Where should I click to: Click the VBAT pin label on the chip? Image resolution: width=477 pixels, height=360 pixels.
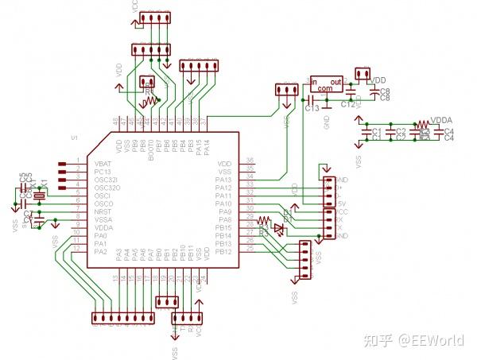click(x=103, y=163)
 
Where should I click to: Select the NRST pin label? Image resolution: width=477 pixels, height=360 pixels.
click(x=102, y=211)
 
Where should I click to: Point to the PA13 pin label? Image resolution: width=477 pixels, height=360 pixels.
click(x=223, y=179)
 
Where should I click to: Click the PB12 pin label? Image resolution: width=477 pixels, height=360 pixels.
click(x=223, y=252)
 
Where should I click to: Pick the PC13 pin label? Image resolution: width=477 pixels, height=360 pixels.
click(x=102, y=171)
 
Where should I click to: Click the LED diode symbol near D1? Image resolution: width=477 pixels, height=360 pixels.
click(x=277, y=229)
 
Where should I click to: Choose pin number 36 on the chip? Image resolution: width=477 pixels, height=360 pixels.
click(x=250, y=161)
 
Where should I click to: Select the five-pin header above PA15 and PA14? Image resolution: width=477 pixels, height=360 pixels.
click(x=199, y=66)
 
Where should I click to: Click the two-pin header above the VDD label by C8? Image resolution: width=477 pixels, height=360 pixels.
click(x=363, y=75)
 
